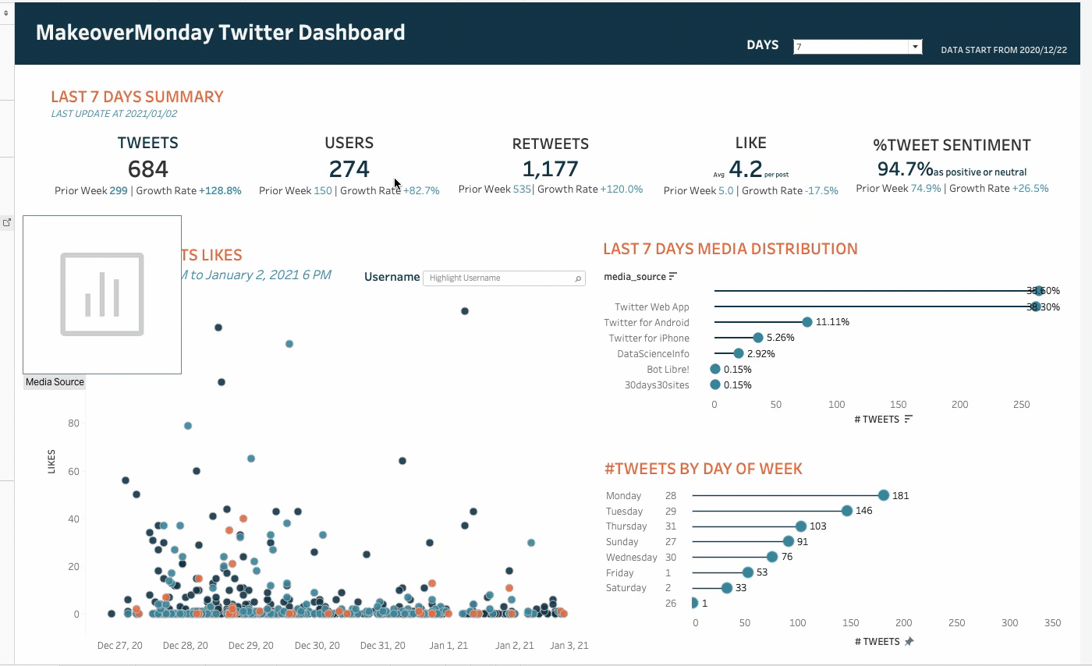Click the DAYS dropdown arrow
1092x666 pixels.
[915, 47]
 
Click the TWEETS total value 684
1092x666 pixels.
[147, 168]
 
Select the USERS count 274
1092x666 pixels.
[349, 168]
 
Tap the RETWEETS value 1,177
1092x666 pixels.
[550, 168]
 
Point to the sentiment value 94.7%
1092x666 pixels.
[905, 169]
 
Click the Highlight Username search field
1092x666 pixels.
[499, 278]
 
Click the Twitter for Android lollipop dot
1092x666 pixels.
[807, 322]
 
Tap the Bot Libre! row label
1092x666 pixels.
[668, 370]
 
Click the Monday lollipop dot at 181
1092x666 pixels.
[884, 495]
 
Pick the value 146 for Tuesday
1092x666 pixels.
[863, 511]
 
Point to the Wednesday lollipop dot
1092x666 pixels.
[772, 557]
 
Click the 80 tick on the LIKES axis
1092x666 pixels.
[74, 423]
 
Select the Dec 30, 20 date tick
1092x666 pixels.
[317, 646]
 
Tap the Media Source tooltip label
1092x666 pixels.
[55, 382]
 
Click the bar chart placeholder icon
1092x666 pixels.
[102, 294]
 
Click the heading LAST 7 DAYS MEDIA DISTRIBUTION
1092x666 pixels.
[730, 249]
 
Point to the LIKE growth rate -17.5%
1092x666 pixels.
[822, 191]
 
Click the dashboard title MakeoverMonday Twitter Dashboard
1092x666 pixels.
[221, 33]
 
